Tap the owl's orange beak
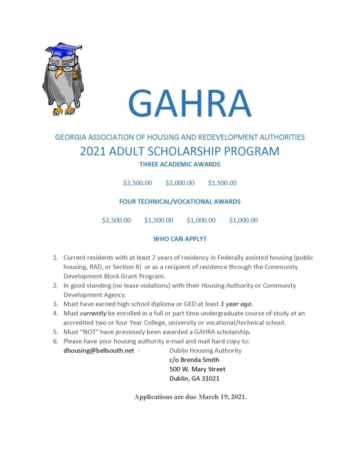(x=59, y=71)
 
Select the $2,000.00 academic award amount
(x=180, y=183)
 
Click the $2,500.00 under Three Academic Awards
(x=137, y=183)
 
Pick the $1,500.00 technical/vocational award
(x=159, y=220)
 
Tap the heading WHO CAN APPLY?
(x=180, y=238)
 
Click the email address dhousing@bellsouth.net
(x=99, y=350)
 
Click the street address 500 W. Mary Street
(x=197, y=369)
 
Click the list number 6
(x=55, y=341)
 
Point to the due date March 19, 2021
(x=222, y=397)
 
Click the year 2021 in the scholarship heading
(x=95, y=151)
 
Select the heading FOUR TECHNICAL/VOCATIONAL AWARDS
(x=180, y=201)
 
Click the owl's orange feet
(x=64, y=110)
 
